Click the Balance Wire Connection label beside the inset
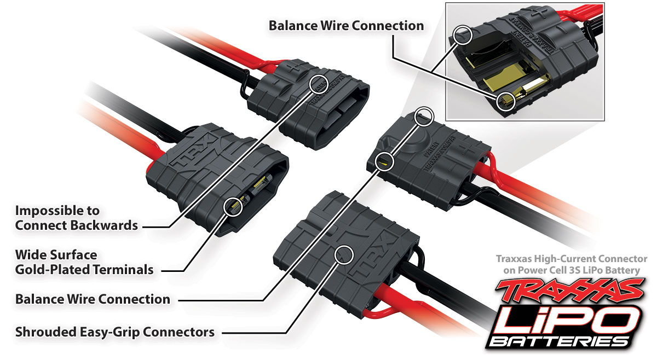(x=345, y=26)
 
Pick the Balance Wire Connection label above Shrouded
(x=93, y=299)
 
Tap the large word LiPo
(x=569, y=318)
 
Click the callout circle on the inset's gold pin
(x=507, y=100)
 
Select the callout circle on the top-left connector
(x=319, y=83)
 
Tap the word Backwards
(x=104, y=225)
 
